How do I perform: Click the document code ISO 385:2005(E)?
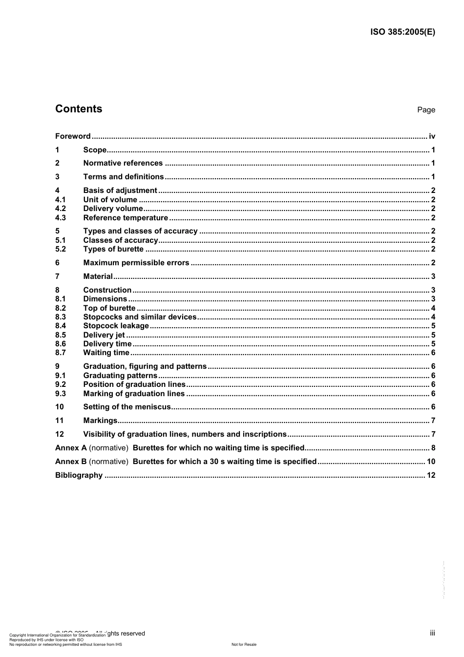402,32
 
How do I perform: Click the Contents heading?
79,109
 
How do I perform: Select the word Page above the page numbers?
426,110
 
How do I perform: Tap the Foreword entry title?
73,136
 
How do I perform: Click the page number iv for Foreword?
432,136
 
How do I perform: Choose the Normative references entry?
123,163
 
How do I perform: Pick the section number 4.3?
61,218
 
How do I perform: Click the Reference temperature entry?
126,218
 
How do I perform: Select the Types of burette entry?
113,249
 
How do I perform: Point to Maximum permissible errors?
136,263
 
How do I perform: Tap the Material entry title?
98,276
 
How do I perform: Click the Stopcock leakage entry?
116,326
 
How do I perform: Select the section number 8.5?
61,335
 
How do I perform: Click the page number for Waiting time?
433,353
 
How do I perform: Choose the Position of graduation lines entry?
134,384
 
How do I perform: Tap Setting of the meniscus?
127,407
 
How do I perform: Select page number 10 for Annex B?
431,462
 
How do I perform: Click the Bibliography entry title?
79,475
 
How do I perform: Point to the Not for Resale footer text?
244,644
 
